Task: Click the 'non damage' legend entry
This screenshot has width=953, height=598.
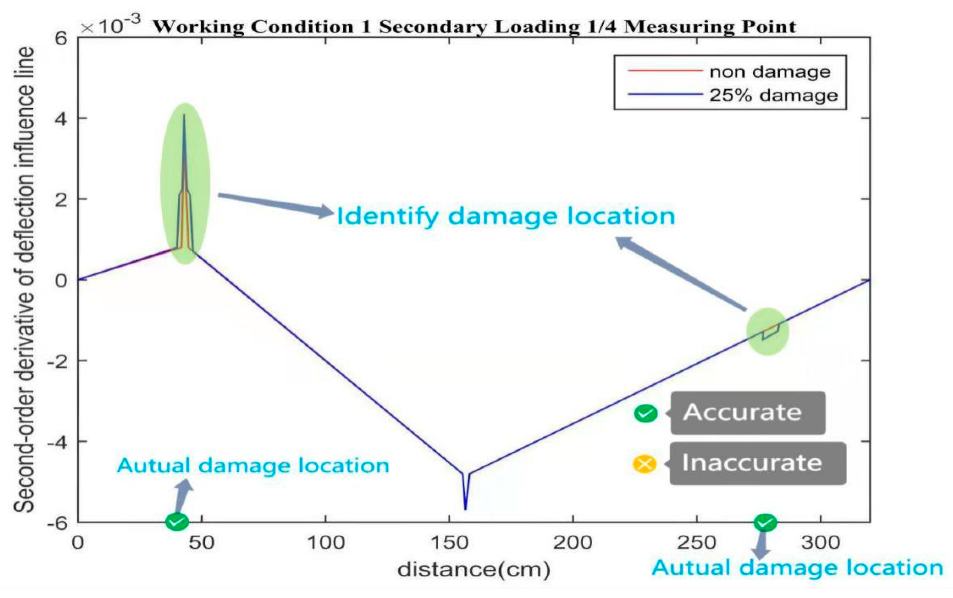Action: (770, 72)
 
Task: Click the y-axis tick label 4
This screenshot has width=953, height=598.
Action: (61, 119)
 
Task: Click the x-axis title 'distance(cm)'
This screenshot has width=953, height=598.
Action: (474, 570)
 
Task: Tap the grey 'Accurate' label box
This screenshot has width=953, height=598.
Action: (748, 413)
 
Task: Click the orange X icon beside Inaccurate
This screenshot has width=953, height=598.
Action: (644, 464)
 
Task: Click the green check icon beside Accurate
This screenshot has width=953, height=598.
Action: (645, 413)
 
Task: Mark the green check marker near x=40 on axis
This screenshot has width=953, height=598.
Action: (177, 522)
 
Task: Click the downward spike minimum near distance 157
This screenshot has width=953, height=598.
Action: (465, 509)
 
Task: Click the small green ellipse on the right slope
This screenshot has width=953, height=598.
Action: (767, 331)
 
